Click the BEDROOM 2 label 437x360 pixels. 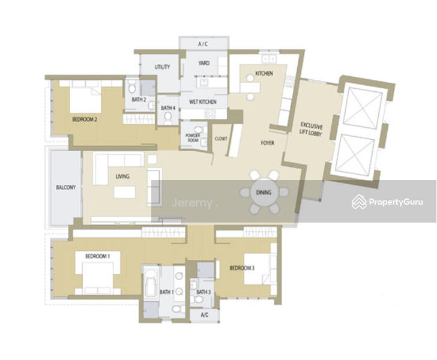(85, 119)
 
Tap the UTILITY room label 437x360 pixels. (162, 67)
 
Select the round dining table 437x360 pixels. (264, 193)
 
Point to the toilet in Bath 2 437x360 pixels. (132, 88)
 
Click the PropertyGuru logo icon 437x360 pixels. (359, 202)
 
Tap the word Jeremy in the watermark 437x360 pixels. (191, 203)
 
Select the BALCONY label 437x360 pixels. (66, 187)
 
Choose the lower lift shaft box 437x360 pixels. (355, 155)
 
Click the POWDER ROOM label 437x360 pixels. (193, 137)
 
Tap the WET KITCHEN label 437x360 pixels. (203, 102)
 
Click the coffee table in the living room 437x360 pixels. (125, 192)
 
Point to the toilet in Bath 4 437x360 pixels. (168, 118)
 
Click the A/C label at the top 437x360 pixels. (203, 44)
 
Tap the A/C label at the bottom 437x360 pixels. (205, 315)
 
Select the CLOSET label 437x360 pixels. (221, 139)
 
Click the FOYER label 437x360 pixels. (268, 143)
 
